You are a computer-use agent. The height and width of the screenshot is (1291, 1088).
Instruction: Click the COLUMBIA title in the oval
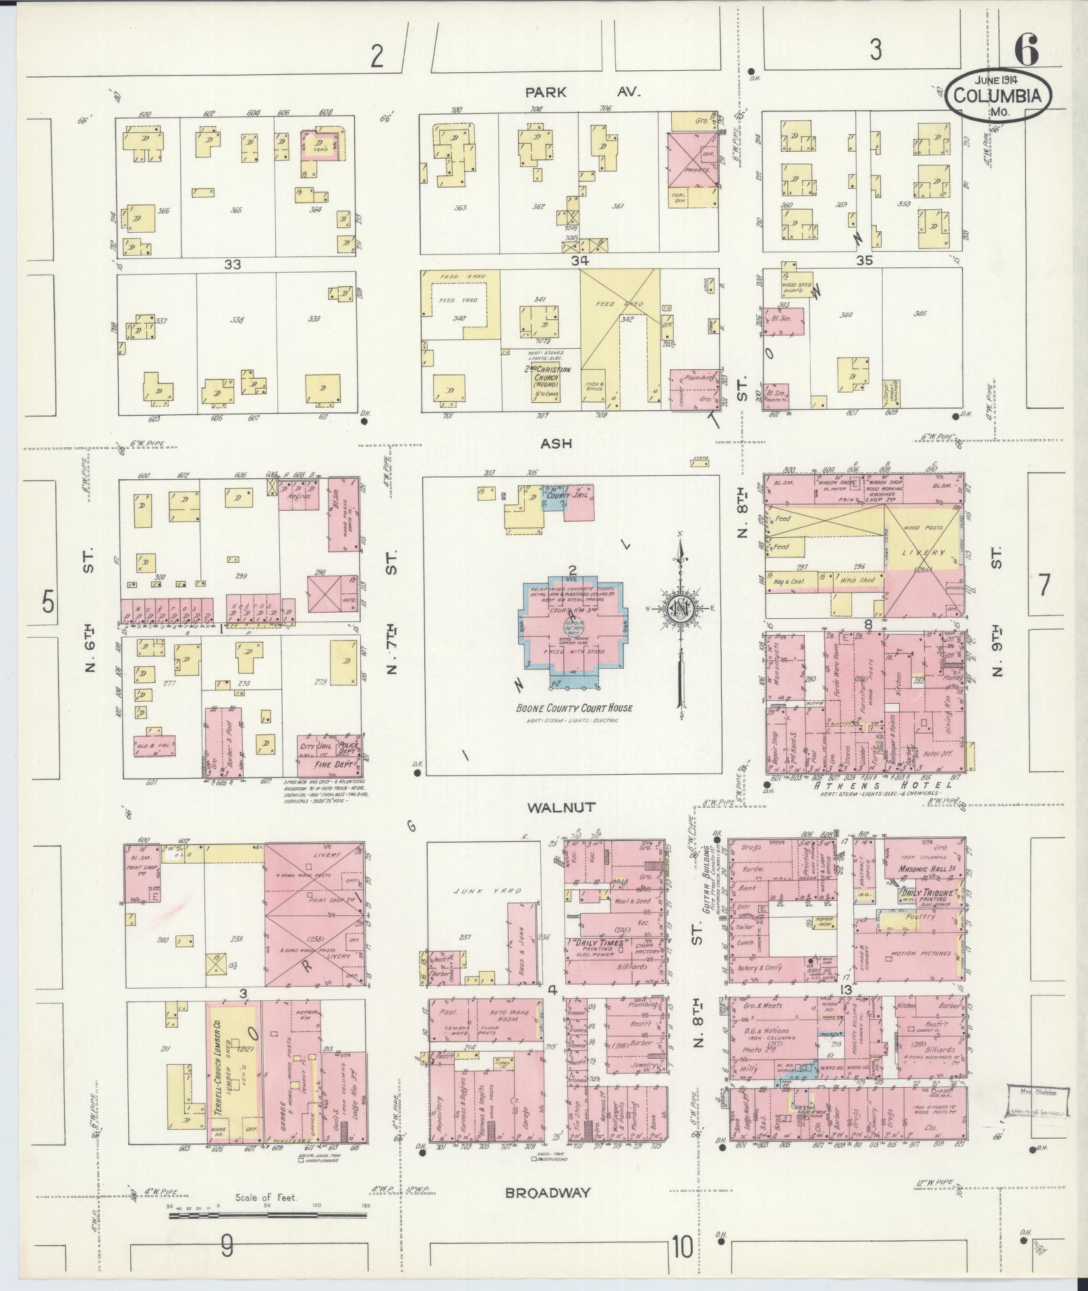(1002, 96)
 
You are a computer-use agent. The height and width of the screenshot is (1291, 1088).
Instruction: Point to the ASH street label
(556, 443)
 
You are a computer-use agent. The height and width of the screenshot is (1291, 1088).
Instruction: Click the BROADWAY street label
(548, 1192)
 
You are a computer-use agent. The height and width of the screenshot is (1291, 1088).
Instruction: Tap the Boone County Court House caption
(573, 708)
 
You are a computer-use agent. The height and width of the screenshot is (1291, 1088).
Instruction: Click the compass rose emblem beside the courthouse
(681, 608)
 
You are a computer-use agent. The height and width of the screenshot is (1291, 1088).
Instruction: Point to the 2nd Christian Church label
(547, 374)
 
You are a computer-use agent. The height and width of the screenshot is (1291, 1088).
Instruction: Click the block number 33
(233, 265)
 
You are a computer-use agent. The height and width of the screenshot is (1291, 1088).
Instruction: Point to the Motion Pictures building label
(921, 954)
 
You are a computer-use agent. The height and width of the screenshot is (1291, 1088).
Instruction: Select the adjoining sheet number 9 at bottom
(227, 1246)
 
